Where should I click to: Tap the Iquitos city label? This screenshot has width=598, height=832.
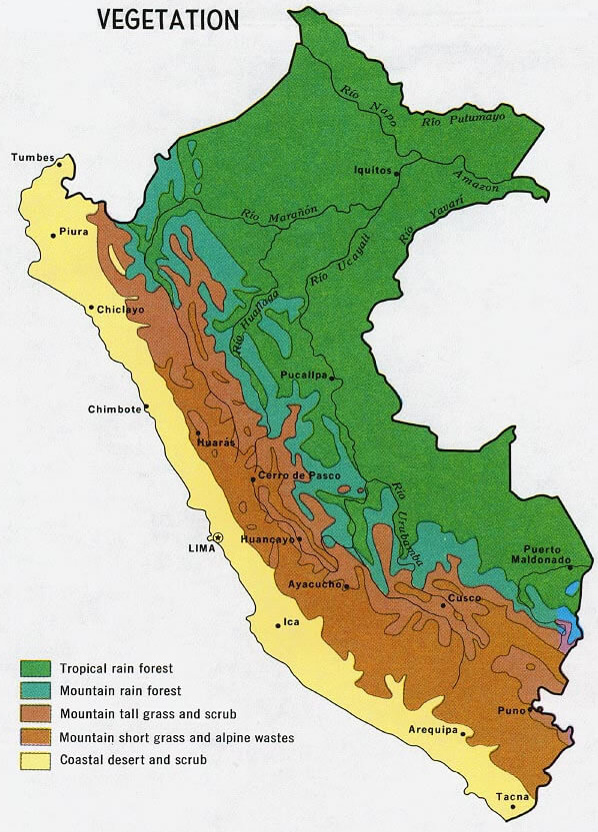(x=372, y=170)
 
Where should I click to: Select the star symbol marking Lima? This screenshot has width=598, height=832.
(x=219, y=537)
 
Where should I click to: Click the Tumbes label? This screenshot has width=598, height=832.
(x=29, y=157)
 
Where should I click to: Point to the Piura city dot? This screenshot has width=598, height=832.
(x=54, y=236)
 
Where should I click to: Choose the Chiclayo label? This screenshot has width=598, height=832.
(x=120, y=310)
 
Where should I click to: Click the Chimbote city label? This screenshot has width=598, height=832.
(x=115, y=409)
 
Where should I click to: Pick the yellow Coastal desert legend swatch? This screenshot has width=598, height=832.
(x=36, y=760)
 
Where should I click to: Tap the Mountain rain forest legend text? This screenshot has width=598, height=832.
(x=113, y=691)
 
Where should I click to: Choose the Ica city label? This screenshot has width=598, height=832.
(x=291, y=621)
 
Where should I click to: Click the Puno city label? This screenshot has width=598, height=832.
(x=512, y=710)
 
